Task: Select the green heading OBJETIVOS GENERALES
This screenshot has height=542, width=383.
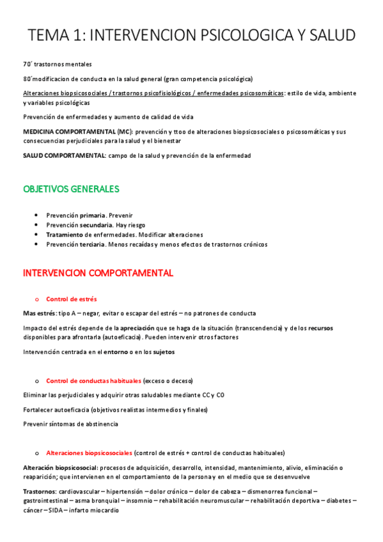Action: click(71, 189)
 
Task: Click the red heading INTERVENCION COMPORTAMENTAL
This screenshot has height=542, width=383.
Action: click(98, 273)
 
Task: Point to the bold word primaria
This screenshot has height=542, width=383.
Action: click(92, 215)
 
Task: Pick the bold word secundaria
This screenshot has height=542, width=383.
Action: click(96, 225)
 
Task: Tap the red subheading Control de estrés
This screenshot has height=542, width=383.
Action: click(72, 299)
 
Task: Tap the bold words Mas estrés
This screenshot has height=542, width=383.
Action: click(39, 313)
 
